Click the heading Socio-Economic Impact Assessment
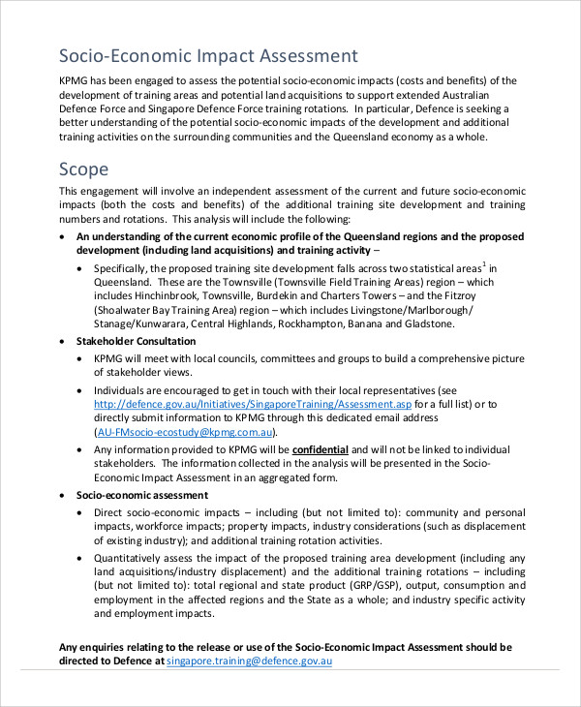(208, 55)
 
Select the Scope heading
(84, 169)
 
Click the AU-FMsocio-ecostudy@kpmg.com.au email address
(185, 432)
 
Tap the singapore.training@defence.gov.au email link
(249, 661)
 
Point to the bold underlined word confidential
(320, 449)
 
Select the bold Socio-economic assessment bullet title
(141, 494)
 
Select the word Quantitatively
(132, 558)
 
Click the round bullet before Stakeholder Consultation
(64, 342)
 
